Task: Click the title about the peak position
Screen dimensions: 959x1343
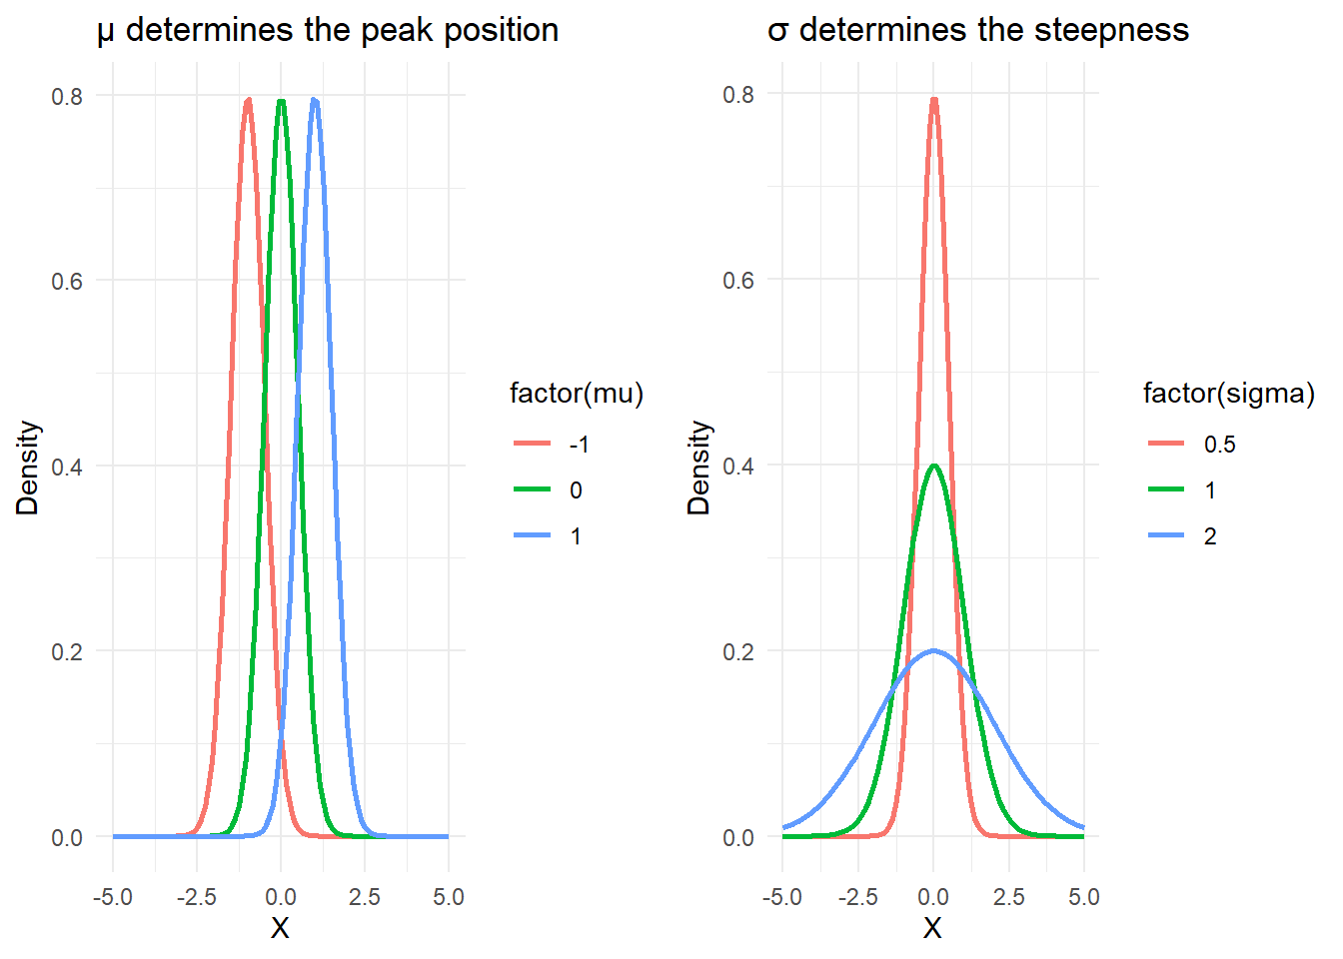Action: [328, 30]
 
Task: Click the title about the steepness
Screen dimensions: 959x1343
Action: [978, 30]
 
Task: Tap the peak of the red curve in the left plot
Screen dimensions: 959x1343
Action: [248, 100]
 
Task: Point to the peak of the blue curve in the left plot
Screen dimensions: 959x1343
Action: [315, 100]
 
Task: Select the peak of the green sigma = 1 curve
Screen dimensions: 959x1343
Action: [933, 466]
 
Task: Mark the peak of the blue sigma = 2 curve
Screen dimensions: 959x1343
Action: [933, 651]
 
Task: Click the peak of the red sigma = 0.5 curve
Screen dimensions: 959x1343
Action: [933, 99]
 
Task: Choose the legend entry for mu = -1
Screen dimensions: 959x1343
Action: [579, 445]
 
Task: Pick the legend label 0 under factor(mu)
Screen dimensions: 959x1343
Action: [576, 490]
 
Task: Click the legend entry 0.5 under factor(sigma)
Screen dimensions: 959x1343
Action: [1219, 445]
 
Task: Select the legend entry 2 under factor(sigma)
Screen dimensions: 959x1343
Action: [1210, 536]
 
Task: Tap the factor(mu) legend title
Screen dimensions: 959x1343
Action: [577, 394]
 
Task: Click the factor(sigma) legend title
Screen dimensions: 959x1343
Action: [1229, 394]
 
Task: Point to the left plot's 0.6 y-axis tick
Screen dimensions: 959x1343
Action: [67, 281]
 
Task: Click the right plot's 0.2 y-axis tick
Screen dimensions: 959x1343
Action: [738, 651]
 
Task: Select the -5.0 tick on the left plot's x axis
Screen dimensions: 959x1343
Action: [113, 897]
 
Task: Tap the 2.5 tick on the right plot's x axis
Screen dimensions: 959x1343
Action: [1009, 897]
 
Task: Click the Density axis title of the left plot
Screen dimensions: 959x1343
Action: [28, 468]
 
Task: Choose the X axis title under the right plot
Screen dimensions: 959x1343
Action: [932, 929]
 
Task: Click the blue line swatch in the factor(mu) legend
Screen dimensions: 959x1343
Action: [533, 536]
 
